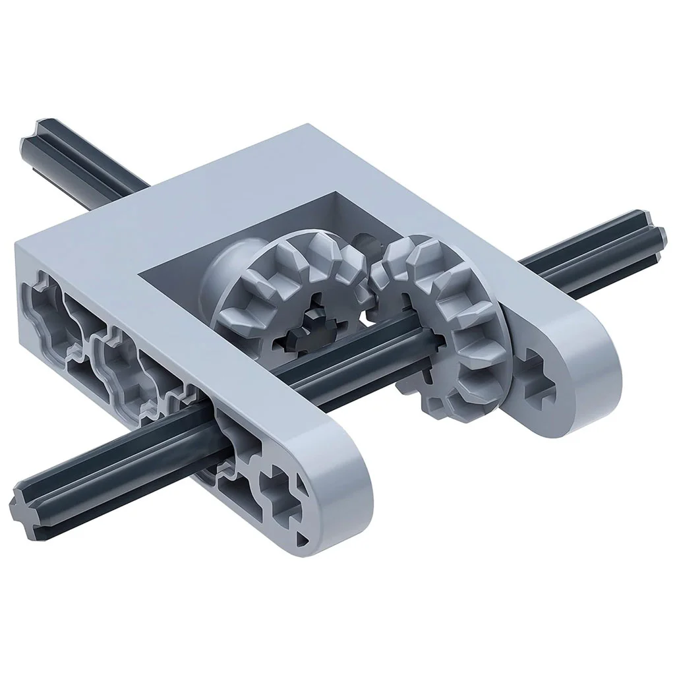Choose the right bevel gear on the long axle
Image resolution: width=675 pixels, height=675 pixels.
click(x=448, y=330)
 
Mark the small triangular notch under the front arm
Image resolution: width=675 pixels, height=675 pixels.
click(x=304, y=539)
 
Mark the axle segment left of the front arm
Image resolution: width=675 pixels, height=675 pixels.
click(x=119, y=461)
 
